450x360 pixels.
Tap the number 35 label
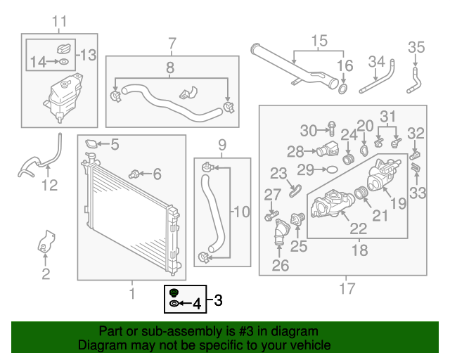pyautogui.click(x=417, y=48)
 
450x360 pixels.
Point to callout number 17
pyautogui.click(x=346, y=288)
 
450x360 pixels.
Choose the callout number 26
pyautogui.click(x=281, y=265)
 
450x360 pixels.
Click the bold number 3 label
pyautogui.click(x=217, y=301)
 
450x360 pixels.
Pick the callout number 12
pyautogui.click(x=49, y=185)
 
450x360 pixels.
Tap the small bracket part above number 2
pyautogui.click(x=45, y=242)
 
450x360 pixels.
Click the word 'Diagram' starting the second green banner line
pyautogui.click(x=99, y=345)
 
